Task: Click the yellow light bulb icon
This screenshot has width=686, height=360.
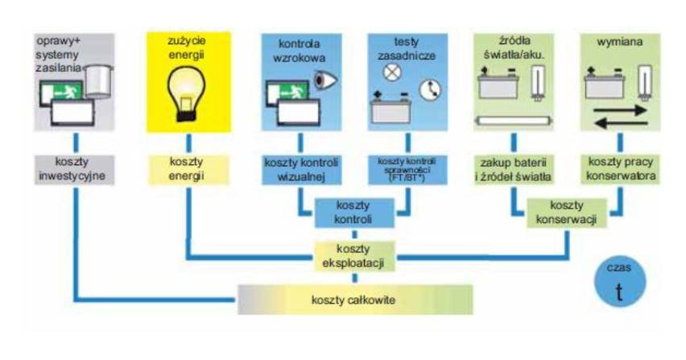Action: click(186, 93)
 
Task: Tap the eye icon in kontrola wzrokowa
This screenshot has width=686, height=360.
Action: click(325, 80)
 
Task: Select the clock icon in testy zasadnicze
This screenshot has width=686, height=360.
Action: click(430, 89)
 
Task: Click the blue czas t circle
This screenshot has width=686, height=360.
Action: click(619, 281)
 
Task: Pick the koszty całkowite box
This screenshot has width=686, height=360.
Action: click(355, 300)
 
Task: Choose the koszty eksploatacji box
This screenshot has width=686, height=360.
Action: click(353, 256)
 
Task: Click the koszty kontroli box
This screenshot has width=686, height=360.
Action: click(354, 213)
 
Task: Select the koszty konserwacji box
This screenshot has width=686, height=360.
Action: click(567, 213)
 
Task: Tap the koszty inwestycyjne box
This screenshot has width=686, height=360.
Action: click(74, 169)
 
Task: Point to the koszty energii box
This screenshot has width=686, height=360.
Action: click(188, 169)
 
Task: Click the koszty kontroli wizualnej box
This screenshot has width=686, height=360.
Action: click(301, 170)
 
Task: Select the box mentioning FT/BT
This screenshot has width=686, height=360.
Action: click(407, 170)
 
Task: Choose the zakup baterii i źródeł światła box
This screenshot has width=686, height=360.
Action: click(514, 170)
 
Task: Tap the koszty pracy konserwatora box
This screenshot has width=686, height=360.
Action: click(620, 169)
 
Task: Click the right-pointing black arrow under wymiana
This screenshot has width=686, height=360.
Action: click(620, 110)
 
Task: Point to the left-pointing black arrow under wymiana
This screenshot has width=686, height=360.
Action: click(621, 123)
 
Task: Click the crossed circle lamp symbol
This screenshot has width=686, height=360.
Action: click(392, 72)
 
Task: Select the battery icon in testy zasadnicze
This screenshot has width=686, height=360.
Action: click(391, 108)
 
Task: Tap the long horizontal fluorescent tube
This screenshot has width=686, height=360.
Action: click(514, 120)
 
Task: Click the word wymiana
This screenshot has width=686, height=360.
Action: click(619, 42)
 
